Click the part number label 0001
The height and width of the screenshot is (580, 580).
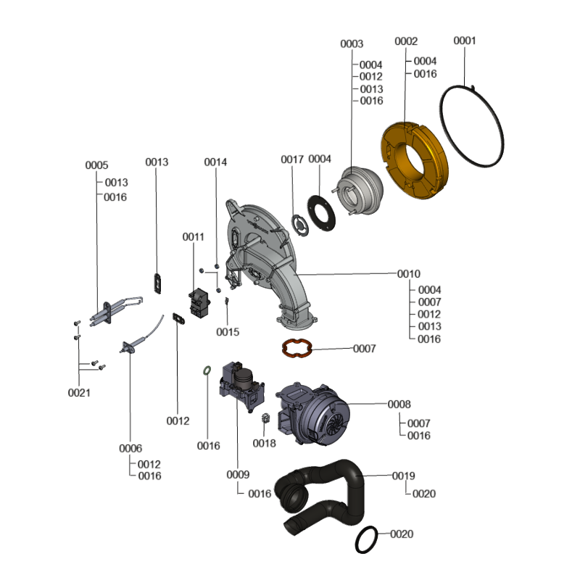[x=465, y=41]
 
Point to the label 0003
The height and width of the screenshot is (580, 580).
[x=352, y=43]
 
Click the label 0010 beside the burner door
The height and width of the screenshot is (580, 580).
[x=409, y=274]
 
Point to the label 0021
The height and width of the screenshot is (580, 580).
[x=79, y=393]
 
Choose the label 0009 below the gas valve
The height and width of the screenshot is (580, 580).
[x=238, y=475]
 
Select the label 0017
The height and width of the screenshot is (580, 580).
[x=292, y=159]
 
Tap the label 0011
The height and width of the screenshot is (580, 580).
[x=193, y=237]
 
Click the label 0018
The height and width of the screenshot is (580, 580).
[x=264, y=443]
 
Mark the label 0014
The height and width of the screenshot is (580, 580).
[x=215, y=162]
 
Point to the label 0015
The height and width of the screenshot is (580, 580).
[x=228, y=332]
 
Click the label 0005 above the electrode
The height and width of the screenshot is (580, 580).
[x=96, y=165]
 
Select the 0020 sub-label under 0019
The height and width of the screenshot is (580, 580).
[x=424, y=494]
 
